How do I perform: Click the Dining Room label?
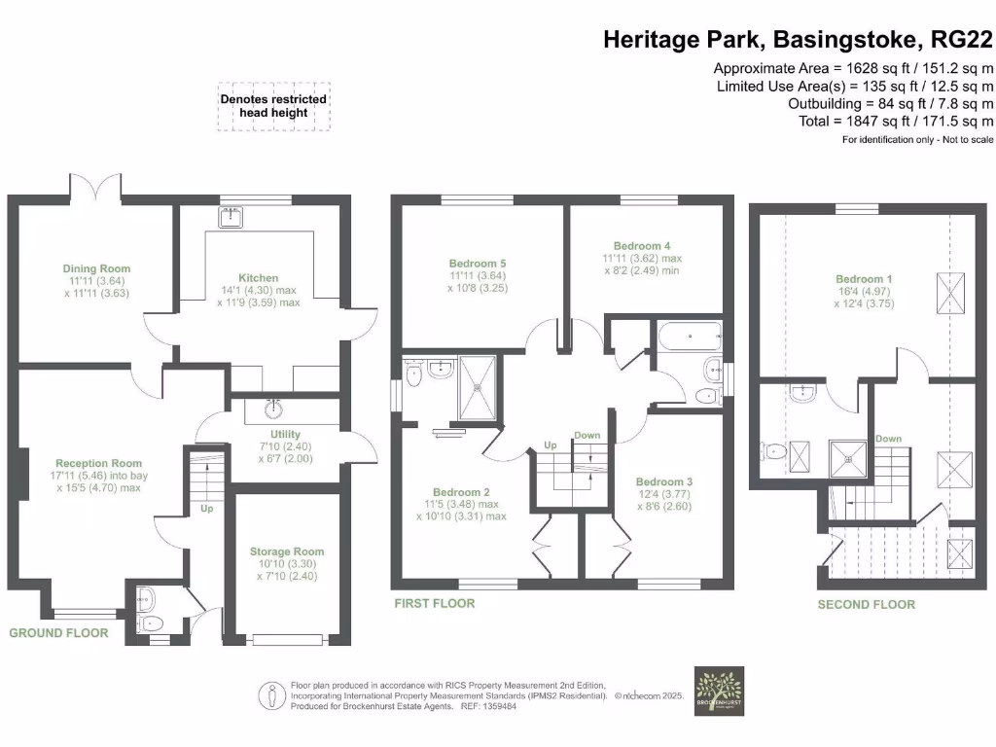coord(96,268)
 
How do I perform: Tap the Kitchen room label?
coord(259,277)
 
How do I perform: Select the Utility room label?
coord(286,434)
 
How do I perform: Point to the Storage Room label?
coord(287,551)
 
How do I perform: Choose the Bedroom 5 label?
coord(478,264)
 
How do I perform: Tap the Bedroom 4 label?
coord(643,246)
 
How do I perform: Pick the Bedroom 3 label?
coord(664,481)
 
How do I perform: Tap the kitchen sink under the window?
coord(231,217)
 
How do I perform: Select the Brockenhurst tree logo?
coord(719,691)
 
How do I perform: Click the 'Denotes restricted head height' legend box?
coord(273,106)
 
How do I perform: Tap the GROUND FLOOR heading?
coord(58,633)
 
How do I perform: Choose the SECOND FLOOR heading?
coord(866,604)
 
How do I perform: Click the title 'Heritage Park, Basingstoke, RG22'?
coord(798,40)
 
